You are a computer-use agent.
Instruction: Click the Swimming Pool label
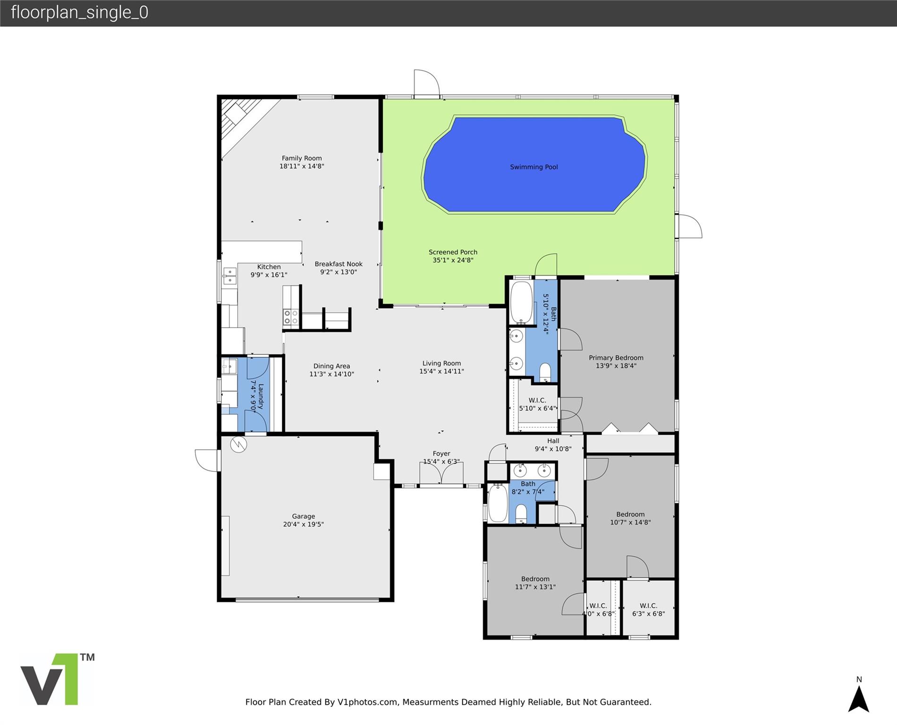pyautogui.click(x=534, y=167)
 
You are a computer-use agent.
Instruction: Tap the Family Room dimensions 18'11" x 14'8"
pyautogui.click(x=302, y=166)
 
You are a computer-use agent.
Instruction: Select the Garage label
pyautogui.click(x=303, y=516)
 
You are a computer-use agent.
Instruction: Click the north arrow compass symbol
pyautogui.click(x=859, y=695)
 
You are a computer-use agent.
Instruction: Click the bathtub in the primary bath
pyautogui.click(x=522, y=303)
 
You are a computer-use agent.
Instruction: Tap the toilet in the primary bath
pyautogui.click(x=545, y=372)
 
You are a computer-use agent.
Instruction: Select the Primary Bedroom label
pyautogui.click(x=616, y=358)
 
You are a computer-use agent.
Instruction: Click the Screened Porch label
pyautogui.click(x=453, y=252)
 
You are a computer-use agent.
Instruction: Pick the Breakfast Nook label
pyautogui.click(x=338, y=264)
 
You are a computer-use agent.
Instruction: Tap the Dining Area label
pyautogui.click(x=331, y=366)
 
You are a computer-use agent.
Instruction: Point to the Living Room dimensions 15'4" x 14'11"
pyautogui.click(x=441, y=371)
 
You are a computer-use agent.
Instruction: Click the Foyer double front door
pyautogui.click(x=441, y=473)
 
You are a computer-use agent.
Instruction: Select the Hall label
pyautogui.click(x=553, y=441)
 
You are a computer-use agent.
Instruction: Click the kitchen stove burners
pyautogui.click(x=291, y=317)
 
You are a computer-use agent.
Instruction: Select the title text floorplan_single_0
pyautogui.click(x=79, y=12)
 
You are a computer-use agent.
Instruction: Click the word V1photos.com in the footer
pyautogui.click(x=367, y=702)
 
